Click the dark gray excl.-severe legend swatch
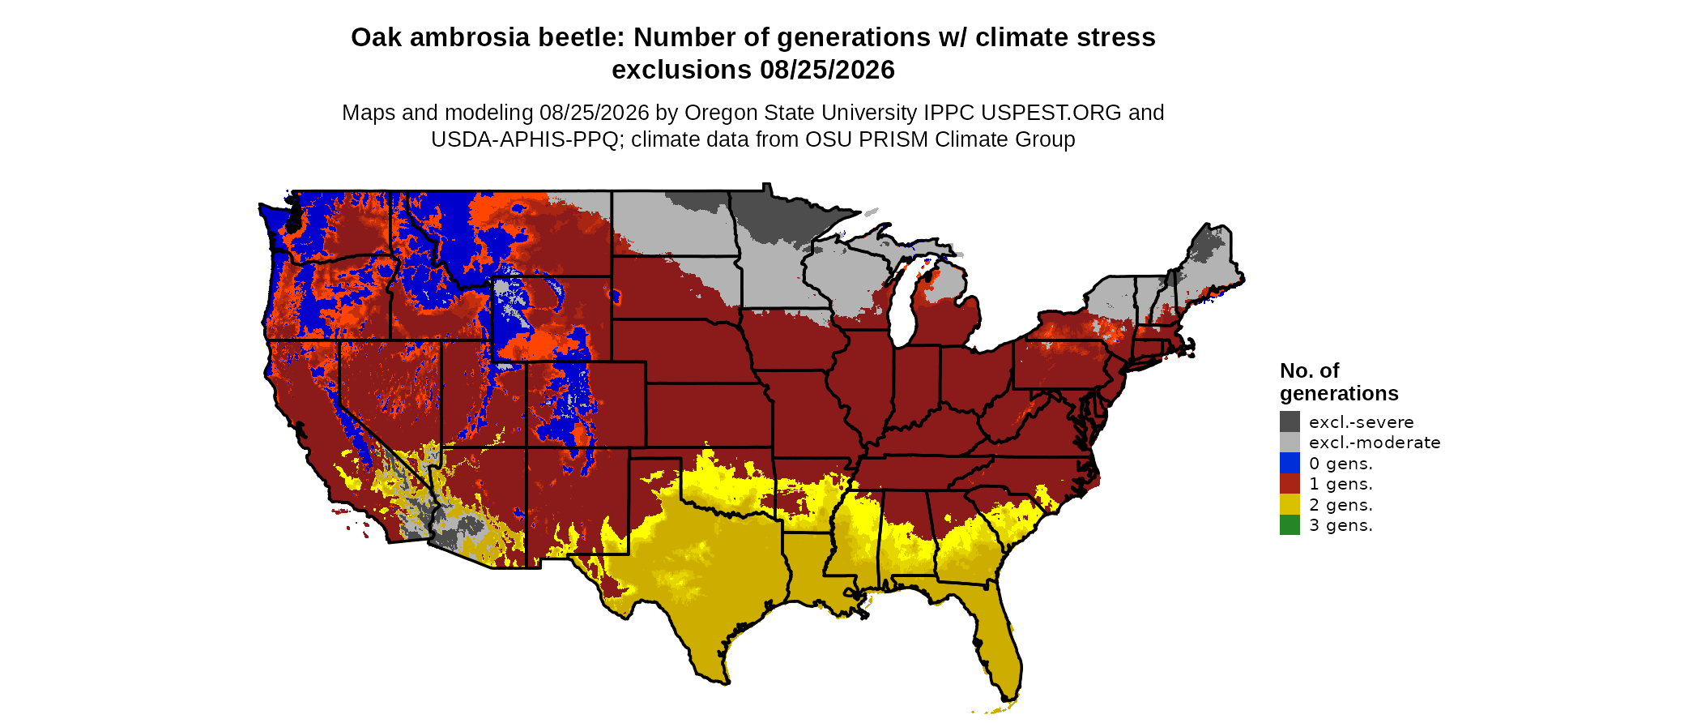[1290, 421]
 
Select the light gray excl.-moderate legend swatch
[1290, 442]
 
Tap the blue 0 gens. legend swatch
[1290, 463]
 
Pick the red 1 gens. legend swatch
[1290, 483]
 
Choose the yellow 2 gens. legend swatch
[1290, 504]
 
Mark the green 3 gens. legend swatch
[1290, 524]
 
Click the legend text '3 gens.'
[1341, 525]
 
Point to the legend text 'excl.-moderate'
[1375, 443]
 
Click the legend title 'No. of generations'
[1339, 382]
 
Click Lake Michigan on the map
[903, 304]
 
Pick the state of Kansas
[709, 415]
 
